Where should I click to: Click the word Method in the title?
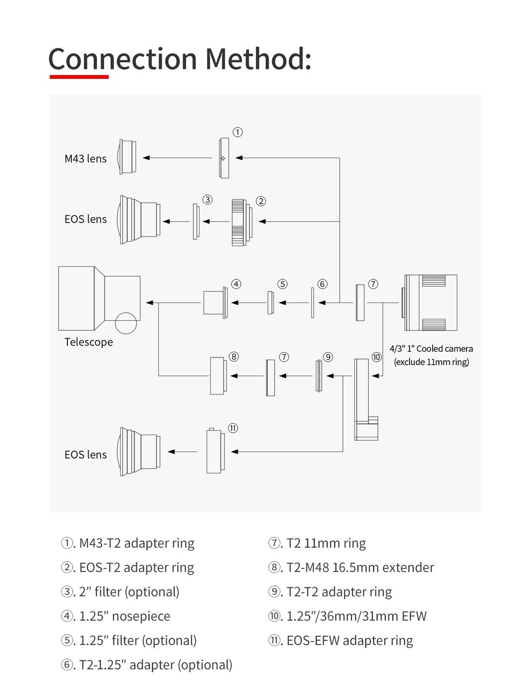pos(258,59)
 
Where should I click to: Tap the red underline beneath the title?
pos(79,77)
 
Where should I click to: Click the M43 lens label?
pos(85,158)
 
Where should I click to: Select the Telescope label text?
pos(89,342)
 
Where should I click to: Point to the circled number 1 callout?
pos(238,132)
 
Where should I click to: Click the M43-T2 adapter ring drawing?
pos(224,158)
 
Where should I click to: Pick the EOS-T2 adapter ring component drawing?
pos(241,222)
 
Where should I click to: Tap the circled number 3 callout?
pos(207,199)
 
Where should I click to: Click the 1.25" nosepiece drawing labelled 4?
pos(215,303)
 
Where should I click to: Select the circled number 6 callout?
pos(322,284)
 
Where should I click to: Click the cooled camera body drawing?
pos(430,303)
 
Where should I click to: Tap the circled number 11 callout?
pos(233,428)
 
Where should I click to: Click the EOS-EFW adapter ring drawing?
pos(215,451)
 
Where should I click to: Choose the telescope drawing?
pos(99,299)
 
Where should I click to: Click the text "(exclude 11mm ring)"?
pos(431,362)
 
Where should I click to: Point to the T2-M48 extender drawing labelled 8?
pos(218,376)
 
